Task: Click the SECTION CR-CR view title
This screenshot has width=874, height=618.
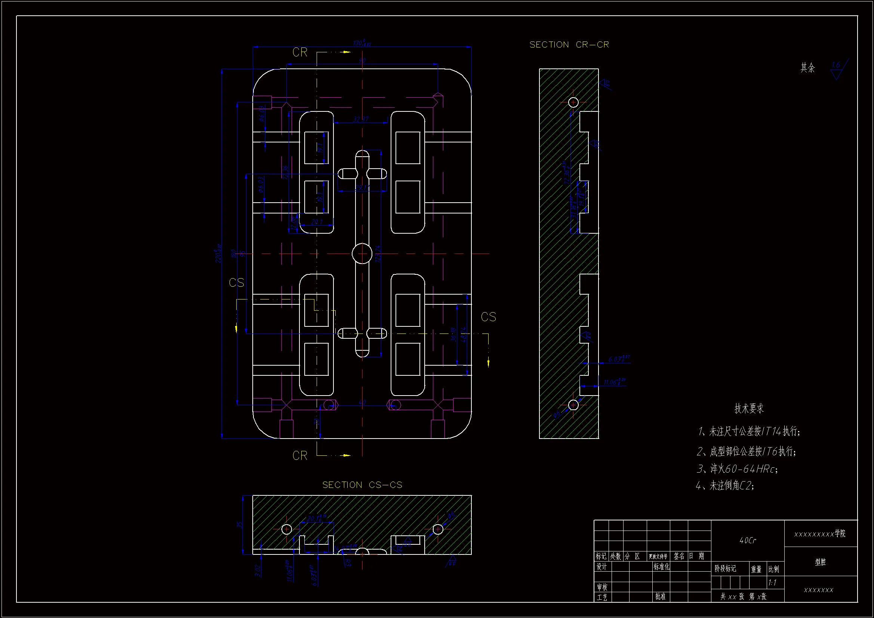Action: click(x=569, y=45)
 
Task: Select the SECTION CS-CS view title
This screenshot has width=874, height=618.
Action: click(x=362, y=485)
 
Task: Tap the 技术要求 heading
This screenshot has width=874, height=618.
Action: click(x=749, y=409)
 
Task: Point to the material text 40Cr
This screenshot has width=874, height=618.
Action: click(x=748, y=540)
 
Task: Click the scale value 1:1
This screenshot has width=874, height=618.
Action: click(x=772, y=582)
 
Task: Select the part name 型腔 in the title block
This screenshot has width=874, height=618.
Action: click(x=820, y=562)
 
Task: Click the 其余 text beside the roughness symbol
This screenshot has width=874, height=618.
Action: click(x=807, y=68)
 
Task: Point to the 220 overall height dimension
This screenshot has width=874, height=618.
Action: click(x=218, y=253)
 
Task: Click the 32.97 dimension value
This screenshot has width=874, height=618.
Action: click(x=360, y=119)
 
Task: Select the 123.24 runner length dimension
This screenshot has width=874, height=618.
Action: click(x=378, y=253)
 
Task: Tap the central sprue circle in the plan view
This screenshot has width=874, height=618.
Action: click(x=362, y=253)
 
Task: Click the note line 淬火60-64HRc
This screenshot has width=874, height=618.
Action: click(x=737, y=469)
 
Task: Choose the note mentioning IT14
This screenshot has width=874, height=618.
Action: click(x=749, y=431)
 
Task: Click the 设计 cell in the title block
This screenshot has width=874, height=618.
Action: click(x=601, y=567)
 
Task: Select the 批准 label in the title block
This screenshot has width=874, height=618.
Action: click(x=661, y=596)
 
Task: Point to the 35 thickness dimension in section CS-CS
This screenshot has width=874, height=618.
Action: click(x=240, y=524)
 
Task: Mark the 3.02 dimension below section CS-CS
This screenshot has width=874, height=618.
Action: click(x=258, y=571)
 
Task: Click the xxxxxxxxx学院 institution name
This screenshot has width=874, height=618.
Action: click(x=820, y=534)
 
